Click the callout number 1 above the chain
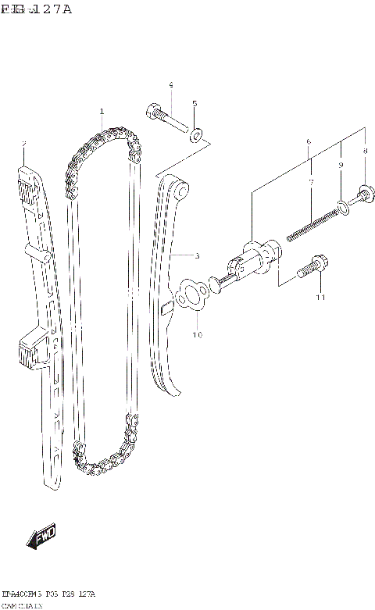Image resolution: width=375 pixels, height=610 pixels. [102, 112]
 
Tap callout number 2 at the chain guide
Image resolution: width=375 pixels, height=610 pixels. [24, 144]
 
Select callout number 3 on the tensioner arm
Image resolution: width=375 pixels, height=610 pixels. [197, 255]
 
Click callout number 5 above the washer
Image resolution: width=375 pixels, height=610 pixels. [195, 104]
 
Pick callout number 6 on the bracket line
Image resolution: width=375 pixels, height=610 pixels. [309, 141]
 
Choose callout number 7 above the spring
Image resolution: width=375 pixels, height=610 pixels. [310, 182]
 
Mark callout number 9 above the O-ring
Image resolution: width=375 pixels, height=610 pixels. [341, 166]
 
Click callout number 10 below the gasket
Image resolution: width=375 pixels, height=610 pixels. [198, 335]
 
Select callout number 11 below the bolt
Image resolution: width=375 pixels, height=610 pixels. [319, 298]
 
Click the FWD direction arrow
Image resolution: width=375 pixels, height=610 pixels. [40, 538]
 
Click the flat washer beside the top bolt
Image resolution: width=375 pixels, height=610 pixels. [198, 134]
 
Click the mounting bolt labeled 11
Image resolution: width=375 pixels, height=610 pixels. [312, 268]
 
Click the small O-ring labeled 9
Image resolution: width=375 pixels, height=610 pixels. [341, 206]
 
